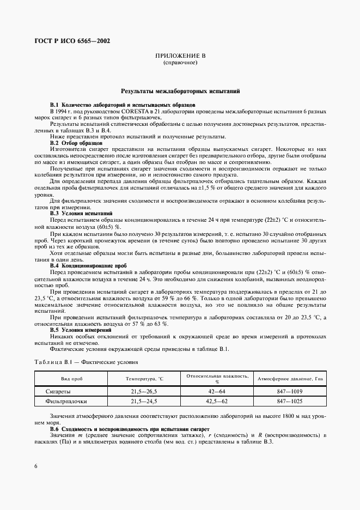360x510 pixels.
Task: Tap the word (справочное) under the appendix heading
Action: [x=180, y=63]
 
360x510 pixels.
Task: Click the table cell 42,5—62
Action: [x=217, y=402]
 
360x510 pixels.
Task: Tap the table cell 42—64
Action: [x=217, y=391]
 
